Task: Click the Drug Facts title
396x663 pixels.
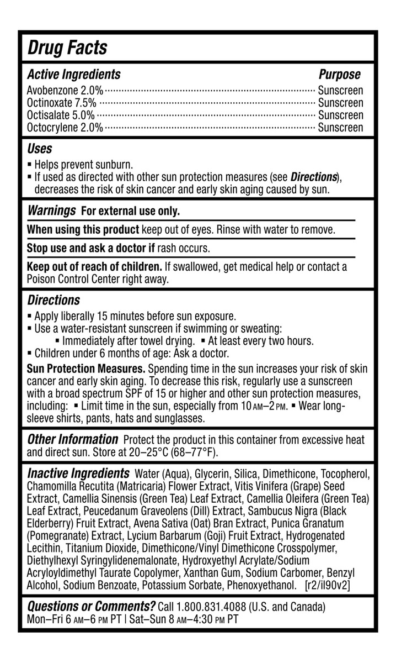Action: tap(67, 48)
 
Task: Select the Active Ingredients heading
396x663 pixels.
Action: tap(73, 75)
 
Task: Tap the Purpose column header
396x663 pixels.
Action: tap(340, 75)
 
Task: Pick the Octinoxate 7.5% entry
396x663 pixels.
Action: tap(61, 103)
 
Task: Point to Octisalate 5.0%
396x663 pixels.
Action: tap(61, 115)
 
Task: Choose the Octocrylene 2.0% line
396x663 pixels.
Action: tap(65, 128)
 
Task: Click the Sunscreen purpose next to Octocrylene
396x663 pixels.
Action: tap(341, 128)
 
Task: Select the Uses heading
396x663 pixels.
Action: tap(40, 149)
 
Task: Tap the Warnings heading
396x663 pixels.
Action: tap(51, 211)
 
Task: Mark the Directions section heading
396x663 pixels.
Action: tap(53, 301)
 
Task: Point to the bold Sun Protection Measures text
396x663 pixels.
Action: tap(86, 369)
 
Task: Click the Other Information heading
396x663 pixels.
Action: tap(72, 440)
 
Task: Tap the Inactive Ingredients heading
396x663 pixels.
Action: tap(78, 474)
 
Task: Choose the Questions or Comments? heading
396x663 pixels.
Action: tap(91, 606)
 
